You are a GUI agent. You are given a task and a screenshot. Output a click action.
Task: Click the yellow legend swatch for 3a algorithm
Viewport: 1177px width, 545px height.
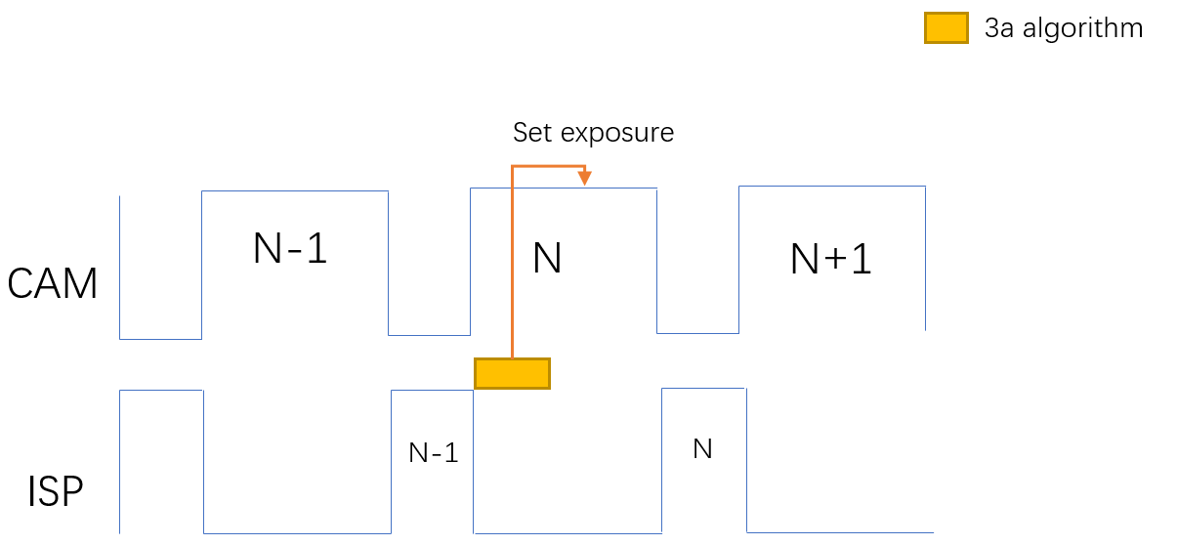point(946,27)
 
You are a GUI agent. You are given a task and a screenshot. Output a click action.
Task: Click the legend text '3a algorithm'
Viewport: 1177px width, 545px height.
point(1063,28)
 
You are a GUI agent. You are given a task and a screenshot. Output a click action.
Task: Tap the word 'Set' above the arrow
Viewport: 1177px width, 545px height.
point(533,133)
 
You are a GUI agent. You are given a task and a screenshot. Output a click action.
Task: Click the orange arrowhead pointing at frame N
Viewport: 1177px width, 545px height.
point(584,179)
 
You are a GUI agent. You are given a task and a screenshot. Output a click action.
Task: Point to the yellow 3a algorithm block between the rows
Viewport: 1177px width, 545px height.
point(512,373)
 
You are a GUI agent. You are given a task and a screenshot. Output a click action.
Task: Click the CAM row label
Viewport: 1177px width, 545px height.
point(53,284)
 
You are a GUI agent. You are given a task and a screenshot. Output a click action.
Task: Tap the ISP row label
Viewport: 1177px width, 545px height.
point(55,491)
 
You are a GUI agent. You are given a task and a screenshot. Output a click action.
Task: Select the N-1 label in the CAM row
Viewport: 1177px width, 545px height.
point(290,249)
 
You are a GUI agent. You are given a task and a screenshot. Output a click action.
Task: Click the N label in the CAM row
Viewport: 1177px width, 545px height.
point(547,259)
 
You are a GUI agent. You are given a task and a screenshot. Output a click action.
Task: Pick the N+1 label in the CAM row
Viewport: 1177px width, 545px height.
point(830,259)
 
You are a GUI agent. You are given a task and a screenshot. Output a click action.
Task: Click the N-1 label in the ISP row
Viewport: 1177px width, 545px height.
point(433,452)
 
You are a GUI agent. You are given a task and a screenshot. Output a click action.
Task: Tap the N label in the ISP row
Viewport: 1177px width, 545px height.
point(701,449)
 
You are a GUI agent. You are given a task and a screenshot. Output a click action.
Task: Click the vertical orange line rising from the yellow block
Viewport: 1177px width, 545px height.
point(512,264)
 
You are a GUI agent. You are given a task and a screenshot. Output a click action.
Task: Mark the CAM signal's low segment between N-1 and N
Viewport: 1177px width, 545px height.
point(430,335)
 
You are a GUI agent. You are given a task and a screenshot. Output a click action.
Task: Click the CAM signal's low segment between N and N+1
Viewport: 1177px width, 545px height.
point(697,333)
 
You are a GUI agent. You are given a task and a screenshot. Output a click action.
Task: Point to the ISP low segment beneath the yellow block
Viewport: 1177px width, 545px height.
point(567,533)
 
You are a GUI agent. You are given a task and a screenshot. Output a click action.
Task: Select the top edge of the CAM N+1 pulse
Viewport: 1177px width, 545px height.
point(831,187)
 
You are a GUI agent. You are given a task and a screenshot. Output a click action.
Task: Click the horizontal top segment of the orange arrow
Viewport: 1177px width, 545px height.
point(548,166)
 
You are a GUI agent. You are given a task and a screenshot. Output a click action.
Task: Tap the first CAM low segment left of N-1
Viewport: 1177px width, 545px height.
point(160,339)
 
